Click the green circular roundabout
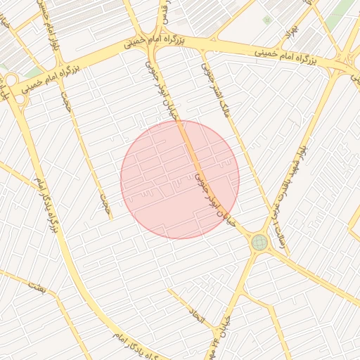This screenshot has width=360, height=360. pyautogui.click(x=259, y=243)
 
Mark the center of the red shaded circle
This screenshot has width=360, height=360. pyautogui.click(x=180, y=179)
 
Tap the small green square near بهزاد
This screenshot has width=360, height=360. pyautogui.click(x=266, y=20)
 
